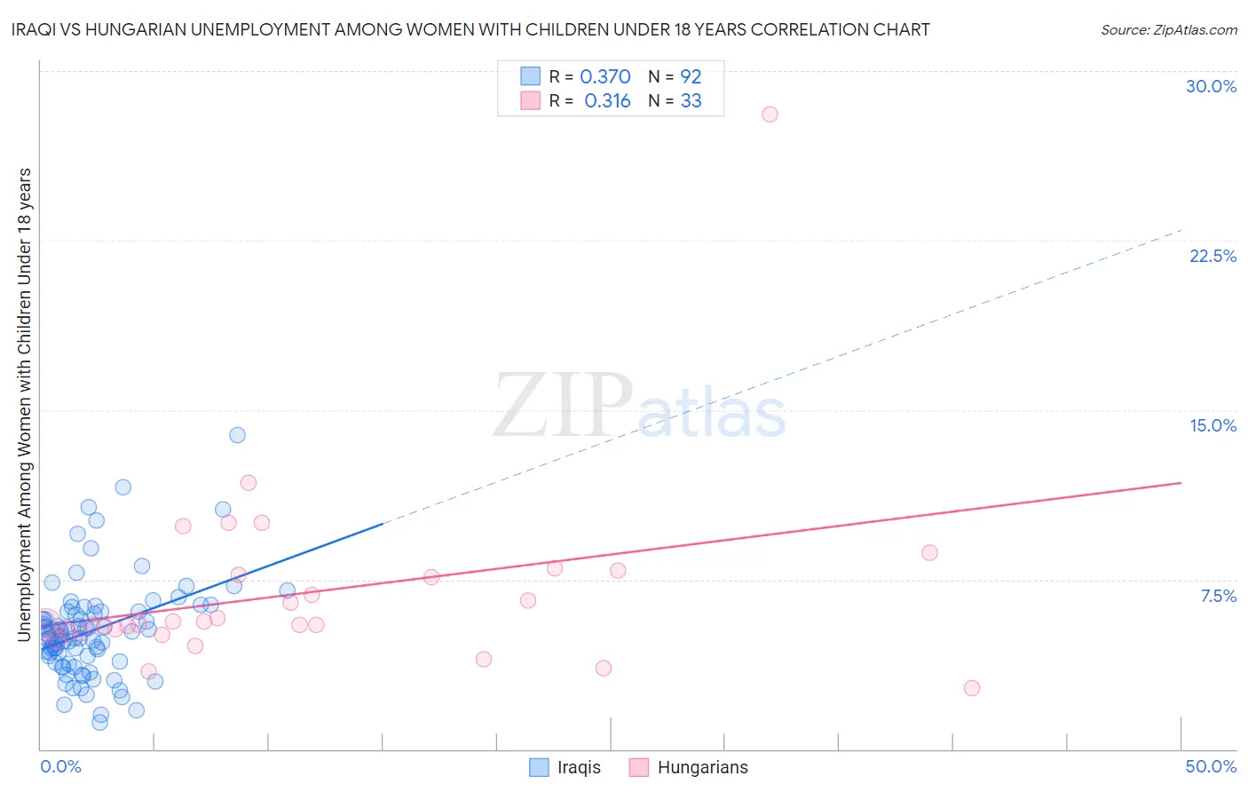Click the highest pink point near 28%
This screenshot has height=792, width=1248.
pos(770,115)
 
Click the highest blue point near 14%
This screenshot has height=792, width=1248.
pos(237,435)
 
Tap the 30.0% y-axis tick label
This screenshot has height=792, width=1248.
pos(1211,86)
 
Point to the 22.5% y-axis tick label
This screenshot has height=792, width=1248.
pos(1212,256)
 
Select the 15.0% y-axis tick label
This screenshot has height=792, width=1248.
pos(1212,425)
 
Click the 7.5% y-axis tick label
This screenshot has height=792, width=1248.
pos(1218,596)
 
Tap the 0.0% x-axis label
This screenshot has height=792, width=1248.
pos(60,766)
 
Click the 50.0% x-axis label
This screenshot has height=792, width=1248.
pos(1211,766)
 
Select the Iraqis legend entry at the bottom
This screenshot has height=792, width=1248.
pos(565,767)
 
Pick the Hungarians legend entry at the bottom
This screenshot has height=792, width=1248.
pos(689,767)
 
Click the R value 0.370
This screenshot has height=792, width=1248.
pos(605,77)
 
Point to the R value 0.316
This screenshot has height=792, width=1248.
pos(607,101)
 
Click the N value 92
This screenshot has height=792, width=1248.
pos(691,77)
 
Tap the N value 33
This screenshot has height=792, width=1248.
pos(691,101)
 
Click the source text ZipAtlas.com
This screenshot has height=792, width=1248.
pos(1168,30)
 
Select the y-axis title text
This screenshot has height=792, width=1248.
pos(24,404)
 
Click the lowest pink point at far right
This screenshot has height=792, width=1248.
pos(971,688)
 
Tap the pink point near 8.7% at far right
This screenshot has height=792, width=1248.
pos(929,552)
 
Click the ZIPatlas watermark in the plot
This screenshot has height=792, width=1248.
pos(639,407)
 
